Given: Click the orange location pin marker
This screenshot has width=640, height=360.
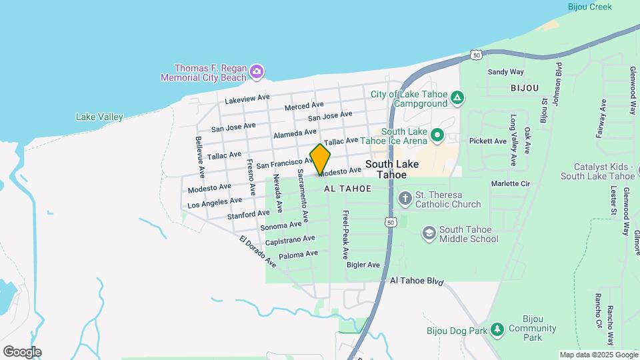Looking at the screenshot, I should click(321, 159).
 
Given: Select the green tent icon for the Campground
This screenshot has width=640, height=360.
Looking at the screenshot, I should click(457, 99).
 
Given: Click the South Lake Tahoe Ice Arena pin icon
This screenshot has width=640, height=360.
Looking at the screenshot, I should click(437, 136).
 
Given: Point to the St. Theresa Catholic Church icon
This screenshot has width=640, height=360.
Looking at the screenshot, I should click(405, 199).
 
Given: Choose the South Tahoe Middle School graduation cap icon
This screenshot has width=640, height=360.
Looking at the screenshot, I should click(429, 233).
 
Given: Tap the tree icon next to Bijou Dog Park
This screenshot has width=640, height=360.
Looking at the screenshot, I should click(497, 329).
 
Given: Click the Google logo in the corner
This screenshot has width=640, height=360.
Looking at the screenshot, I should click(22, 351).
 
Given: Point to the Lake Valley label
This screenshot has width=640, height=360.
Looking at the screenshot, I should click(99, 117).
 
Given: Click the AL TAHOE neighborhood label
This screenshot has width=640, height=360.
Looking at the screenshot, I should click(347, 189).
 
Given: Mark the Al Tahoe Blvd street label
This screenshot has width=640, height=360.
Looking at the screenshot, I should click(417, 281).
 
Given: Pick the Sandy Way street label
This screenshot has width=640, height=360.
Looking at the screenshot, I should click(505, 72).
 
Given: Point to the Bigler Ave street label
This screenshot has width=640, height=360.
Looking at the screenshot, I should click(363, 265).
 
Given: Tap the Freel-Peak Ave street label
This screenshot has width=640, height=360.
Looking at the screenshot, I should click(345, 235).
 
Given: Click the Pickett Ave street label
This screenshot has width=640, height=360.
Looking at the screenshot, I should click(488, 141).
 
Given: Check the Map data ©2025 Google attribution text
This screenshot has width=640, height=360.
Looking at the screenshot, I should click(599, 355).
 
